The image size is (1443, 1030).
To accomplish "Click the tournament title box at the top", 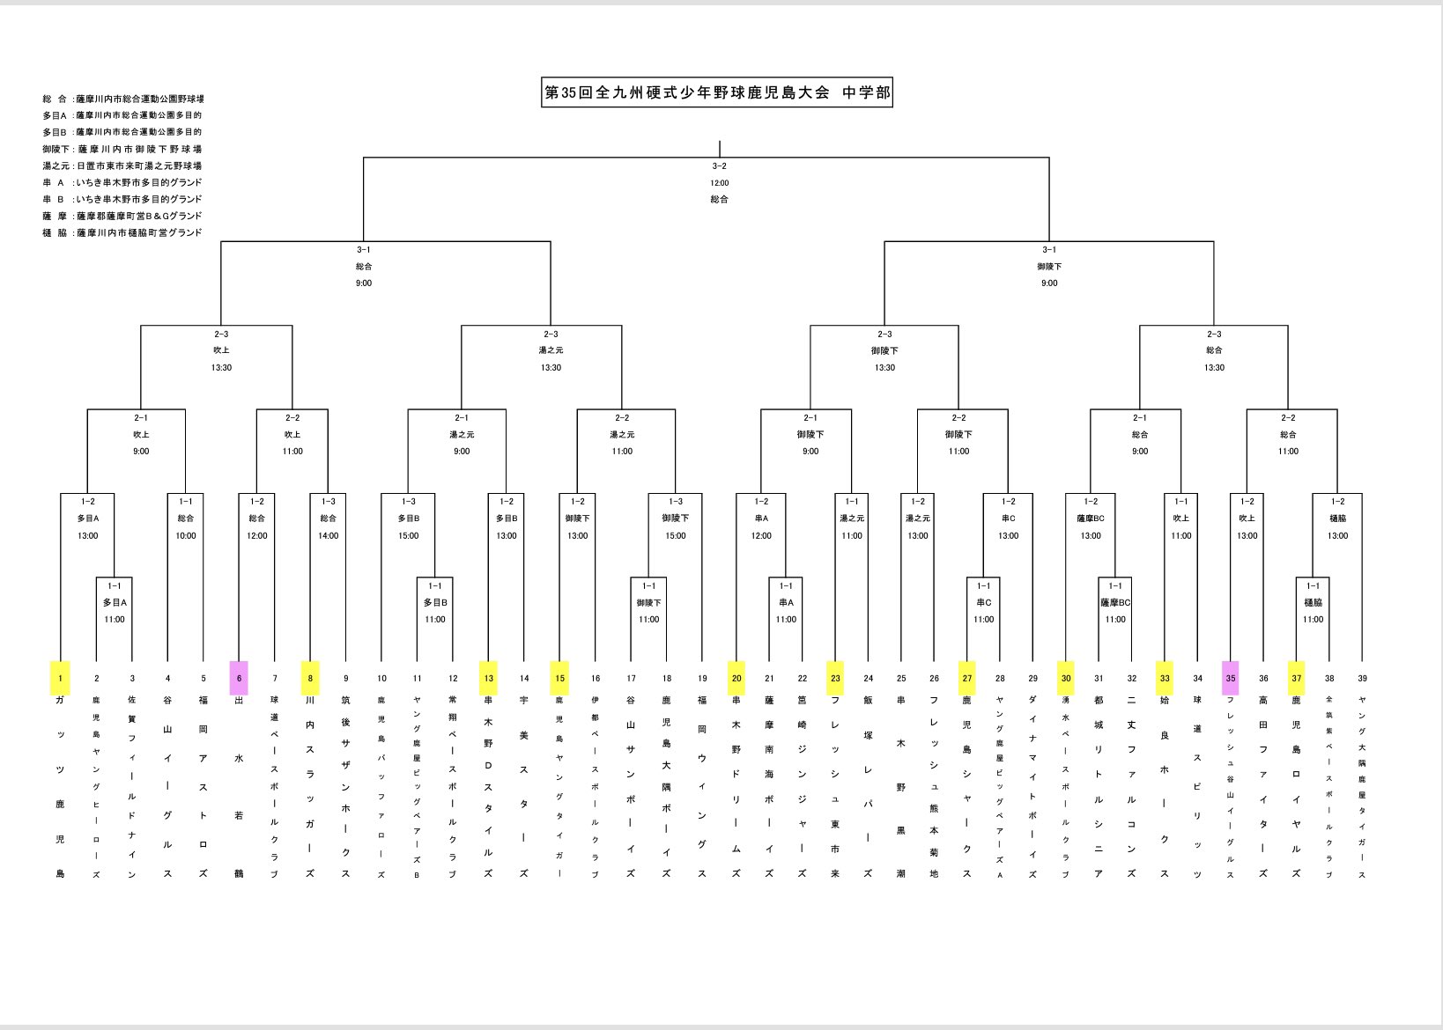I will [717, 92].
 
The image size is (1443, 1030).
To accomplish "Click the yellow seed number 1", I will [60, 678].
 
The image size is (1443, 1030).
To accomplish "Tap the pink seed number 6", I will [239, 678].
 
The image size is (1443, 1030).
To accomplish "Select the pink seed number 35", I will [1231, 678].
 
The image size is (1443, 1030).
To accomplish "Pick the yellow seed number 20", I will [736, 678].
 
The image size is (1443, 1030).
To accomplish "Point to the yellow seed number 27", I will [967, 678].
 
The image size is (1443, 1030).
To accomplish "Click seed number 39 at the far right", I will [1362, 678].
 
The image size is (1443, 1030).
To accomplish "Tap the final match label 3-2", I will [720, 166].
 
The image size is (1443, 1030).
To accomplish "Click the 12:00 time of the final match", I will [720, 183].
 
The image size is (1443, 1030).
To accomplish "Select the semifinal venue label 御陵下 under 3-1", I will [1049, 266].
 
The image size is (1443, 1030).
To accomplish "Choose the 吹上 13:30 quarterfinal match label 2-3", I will [221, 334].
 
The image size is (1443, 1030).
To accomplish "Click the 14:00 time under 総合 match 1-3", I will [328, 535].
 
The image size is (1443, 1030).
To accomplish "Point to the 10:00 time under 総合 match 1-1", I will [185, 535].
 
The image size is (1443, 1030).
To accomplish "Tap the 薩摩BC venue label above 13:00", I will [1091, 519].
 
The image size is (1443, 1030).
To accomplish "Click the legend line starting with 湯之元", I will [122, 166].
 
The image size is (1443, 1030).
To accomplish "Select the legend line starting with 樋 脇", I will [122, 232].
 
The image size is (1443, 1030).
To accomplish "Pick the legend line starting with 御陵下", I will [122, 149].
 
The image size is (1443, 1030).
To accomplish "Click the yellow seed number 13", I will [488, 678].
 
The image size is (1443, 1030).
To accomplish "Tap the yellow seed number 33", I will [1165, 678].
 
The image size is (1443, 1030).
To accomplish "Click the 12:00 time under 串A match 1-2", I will [761, 535].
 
